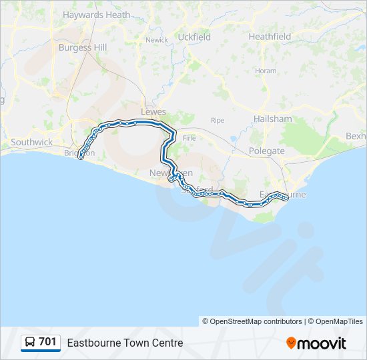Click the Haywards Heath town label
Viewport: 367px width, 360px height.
click(x=96, y=15)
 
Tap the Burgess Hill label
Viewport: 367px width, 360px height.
click(x=82, y=47)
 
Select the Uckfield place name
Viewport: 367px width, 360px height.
click(x=194, y=37)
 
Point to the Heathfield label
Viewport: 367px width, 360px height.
click(x=270, y=37)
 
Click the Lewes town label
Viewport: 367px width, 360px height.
click(x=153, y=112)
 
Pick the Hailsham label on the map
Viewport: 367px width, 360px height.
click(x=272, y=119)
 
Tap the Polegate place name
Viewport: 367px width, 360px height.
click(x=266, y=151)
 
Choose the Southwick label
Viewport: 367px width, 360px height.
click(x=31, y=143)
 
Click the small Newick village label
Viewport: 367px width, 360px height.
click(x=157, y=40)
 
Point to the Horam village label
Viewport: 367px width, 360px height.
click(x=265, y=71)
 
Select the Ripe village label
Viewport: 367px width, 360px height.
click(x=218, y=121)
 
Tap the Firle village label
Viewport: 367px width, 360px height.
click(x=190, y=137)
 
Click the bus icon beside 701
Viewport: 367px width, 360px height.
click(x=30, y=343)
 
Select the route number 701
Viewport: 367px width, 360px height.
click(x=47, y=342)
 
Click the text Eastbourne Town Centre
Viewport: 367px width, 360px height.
click(x=125, y=343)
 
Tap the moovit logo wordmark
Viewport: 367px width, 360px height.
click(x=322, y=343)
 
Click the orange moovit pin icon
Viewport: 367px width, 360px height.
click(x=291, y=343)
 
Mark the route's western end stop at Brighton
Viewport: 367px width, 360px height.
click(x=81, y=157)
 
